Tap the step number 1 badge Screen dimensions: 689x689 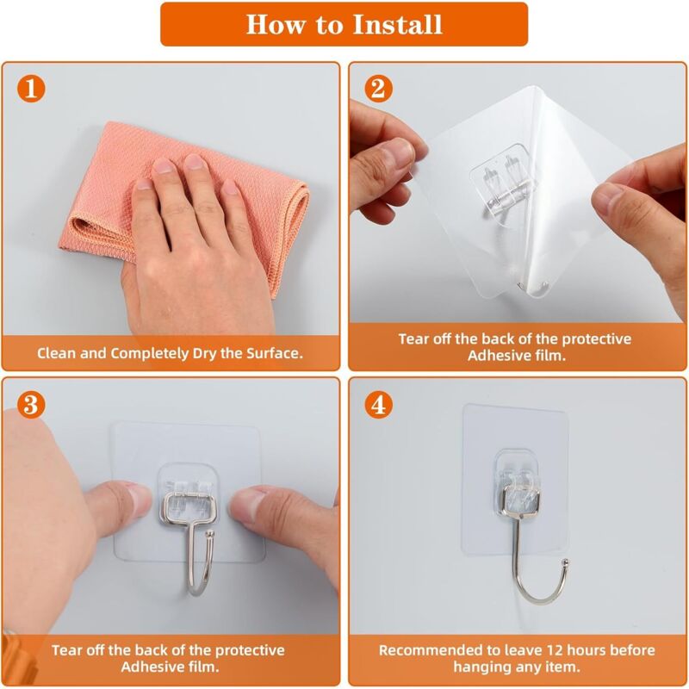point(31,89)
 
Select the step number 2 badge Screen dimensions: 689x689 point(378,89)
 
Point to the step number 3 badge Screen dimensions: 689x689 point(31,404)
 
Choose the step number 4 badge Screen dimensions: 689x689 point(378,404)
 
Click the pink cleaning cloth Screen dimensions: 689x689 point(184,207)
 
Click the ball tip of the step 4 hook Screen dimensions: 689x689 point(566,562)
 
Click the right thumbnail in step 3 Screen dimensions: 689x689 point(242,506)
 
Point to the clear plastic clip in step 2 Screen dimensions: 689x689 point(503,183)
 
